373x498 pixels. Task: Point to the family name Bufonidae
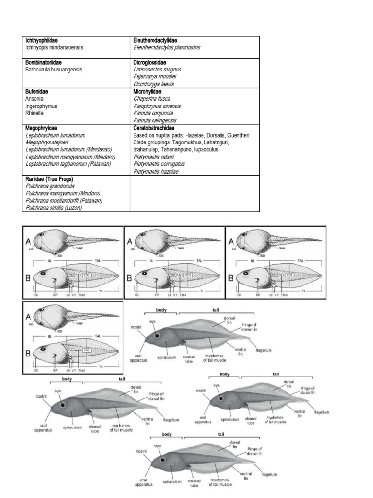(x=36, y=91)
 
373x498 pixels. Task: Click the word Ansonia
(x=34, y=98)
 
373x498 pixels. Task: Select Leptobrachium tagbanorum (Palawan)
(x=69, y=164)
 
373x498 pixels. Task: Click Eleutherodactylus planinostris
(x=167, y=47)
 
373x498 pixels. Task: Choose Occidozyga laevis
(x=153, y=84)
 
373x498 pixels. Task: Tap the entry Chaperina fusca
(x=153, y=98)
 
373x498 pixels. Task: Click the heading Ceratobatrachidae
(x=155, y=128)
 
